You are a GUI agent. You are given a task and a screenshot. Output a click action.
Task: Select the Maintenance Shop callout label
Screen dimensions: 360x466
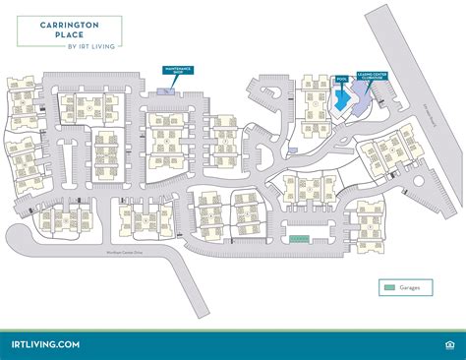[177, 72]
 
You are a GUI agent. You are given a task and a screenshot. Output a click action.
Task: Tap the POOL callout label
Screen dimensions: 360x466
[342, 78]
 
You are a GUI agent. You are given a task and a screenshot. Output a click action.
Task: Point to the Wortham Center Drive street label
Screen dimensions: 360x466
[125, 253]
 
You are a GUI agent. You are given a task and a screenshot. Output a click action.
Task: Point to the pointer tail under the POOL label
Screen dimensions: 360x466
[342, 85]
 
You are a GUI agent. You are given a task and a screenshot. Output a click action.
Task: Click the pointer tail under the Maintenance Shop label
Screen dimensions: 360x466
[175, 81]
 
